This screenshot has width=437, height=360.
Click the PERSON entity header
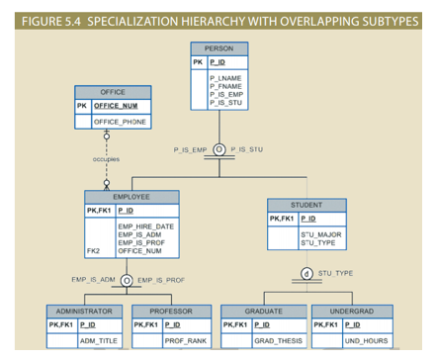(x=218, y=48)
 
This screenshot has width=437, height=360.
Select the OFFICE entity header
(x=113, y=91)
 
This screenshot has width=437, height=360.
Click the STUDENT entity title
(x=306, y=205)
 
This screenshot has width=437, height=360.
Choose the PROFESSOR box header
(x=169, y=311)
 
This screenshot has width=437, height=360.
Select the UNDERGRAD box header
(x=350, y=311)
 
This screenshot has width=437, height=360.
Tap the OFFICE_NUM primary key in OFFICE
(x=117, y=105)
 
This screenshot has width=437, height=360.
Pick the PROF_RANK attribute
(x=186, y=340)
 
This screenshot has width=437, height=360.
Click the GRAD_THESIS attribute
(x=279, y=340)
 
